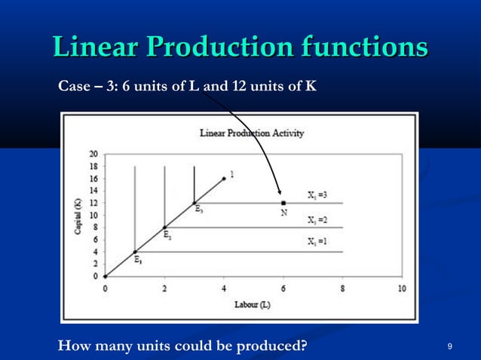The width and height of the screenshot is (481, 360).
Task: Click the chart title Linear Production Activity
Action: (x=252, y=133)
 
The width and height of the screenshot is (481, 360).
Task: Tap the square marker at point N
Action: (x=283, y=203)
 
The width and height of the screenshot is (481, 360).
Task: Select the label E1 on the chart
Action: (x=138, y=261)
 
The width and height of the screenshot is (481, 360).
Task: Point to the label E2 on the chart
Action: (x=168, y=235)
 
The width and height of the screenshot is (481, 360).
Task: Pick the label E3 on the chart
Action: (x=198, y=210)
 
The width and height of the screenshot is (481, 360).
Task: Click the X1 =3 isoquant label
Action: (x=317, y=195)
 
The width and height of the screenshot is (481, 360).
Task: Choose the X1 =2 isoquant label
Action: (x=317, y=220)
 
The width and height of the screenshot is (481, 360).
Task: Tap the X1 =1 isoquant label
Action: (x=317, y=243)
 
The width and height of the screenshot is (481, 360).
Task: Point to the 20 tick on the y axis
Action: (x=93, y=154)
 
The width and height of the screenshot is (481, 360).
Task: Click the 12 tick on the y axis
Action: (x=93, y=203)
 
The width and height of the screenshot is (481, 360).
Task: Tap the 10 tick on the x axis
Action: (x=402, y=289)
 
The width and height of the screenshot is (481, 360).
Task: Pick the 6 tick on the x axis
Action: (x=283, y=289)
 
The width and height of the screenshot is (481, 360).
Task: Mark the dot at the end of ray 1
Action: (x=224, y=178)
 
